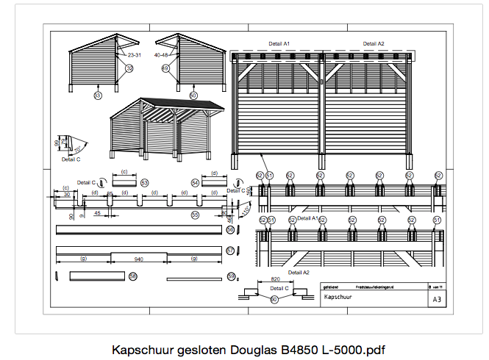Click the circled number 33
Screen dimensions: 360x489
tap(97, 95)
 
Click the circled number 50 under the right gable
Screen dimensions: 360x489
tap(193, 95)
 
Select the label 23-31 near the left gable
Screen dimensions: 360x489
tap(135, 54)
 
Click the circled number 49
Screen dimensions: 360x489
tap(165, 68)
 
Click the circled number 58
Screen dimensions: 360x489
tap(133, 276)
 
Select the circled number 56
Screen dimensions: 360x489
tap(230, 230)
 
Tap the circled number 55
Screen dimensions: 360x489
tap(195, 215)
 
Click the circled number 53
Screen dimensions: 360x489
tap(145, 182)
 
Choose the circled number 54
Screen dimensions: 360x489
tap(195, 182)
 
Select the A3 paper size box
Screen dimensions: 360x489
tap(437, 299)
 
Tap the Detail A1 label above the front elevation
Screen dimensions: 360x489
tap(280, 45)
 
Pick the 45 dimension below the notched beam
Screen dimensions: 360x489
tap(97, 214)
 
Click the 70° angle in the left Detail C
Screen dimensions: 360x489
tap(76, 149)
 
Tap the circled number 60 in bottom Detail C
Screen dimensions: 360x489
tap(274, 300)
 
